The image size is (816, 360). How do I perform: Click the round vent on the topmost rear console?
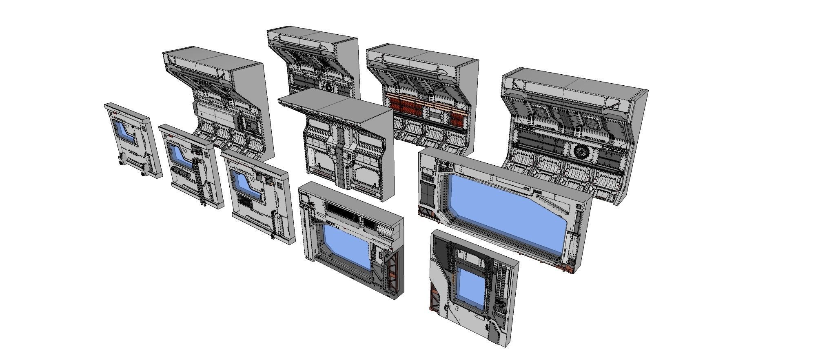pyautogui.click(x=329, y=87)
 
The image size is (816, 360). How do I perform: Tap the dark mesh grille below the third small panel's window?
pyautogui.click(x=246, y=202)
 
